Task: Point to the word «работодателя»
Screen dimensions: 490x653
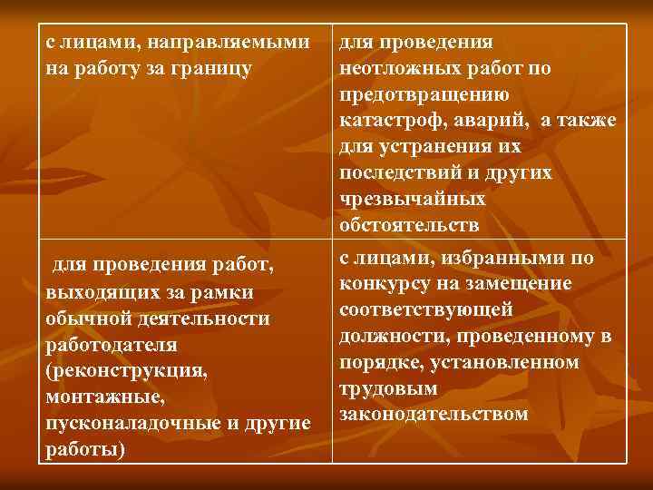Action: [105, 346]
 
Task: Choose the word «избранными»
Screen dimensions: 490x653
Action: [497, 259]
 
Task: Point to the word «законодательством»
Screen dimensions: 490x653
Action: [434, 415]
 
